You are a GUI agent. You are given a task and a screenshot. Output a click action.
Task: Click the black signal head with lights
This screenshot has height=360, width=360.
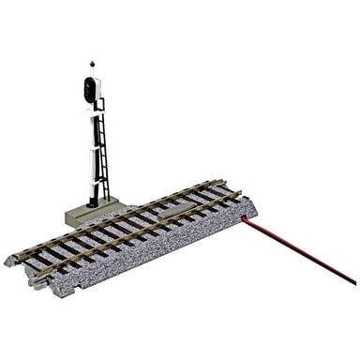pyautogui.click(x=91, y=90)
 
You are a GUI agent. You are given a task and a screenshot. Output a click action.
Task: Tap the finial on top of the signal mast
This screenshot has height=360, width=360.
pyautogui.click(x=92, y=65)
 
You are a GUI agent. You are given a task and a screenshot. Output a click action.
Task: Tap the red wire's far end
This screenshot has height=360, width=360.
pyautogui.click(x=353, y=282)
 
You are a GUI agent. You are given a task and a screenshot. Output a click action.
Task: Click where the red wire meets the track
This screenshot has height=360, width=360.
pyautogui.click(x=244, y=218)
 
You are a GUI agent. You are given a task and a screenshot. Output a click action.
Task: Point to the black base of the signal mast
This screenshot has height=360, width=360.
pyautogui.click(x=93, y=202)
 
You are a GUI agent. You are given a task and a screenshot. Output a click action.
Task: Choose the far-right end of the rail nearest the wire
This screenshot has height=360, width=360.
pyautogui.click(x=241, y=195)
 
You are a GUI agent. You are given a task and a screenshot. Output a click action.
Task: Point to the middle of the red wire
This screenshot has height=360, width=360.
pyautogui.click(x=298, y=250)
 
